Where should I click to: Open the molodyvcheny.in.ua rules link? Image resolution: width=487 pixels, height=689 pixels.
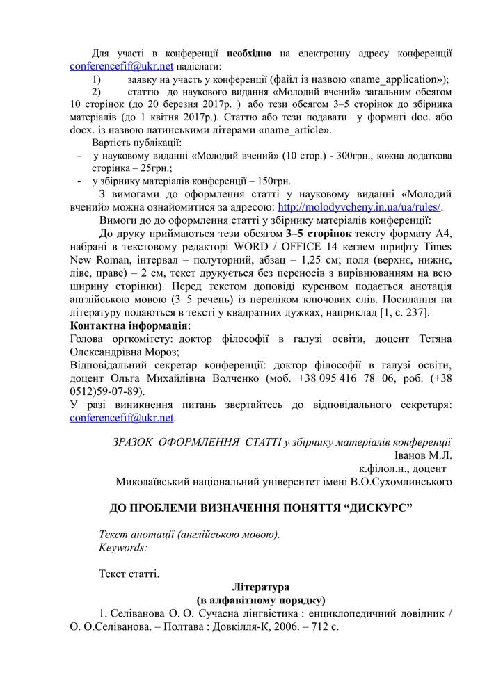point(360,206)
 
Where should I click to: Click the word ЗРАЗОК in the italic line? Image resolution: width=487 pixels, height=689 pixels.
point(134,441)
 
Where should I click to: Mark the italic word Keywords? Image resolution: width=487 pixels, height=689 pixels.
point(123,547)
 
